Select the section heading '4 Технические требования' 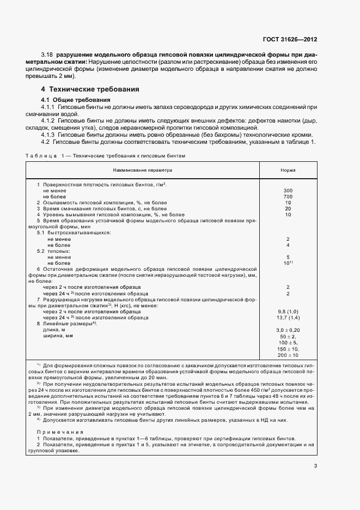click(90, 89)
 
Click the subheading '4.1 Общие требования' click(76, 100)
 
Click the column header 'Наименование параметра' click(143, 171)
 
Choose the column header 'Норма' click(288, 171)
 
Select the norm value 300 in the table click(288, 191)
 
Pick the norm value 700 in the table click(288, 197)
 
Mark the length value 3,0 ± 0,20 click(288, 330)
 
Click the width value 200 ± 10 click(288, 355)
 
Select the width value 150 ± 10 click(288, 349)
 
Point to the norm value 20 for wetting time click(288, 209)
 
